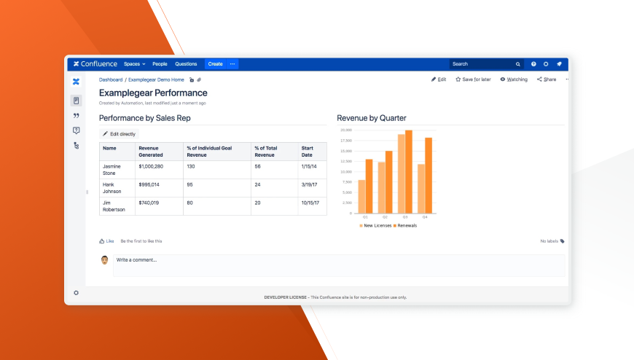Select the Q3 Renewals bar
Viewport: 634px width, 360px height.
409,172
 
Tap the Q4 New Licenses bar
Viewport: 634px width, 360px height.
420,189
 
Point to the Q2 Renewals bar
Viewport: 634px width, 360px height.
389,182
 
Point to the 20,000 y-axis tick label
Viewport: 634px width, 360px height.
346,130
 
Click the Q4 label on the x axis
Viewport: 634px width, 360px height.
425,217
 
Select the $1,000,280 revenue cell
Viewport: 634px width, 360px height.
151,166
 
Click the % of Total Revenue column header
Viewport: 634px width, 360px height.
265,151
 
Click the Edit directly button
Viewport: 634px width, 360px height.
119,134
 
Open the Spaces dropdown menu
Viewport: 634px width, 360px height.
134,64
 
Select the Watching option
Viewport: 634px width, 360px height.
514,79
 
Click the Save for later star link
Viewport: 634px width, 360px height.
473,79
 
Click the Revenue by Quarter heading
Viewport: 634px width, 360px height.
372,118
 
